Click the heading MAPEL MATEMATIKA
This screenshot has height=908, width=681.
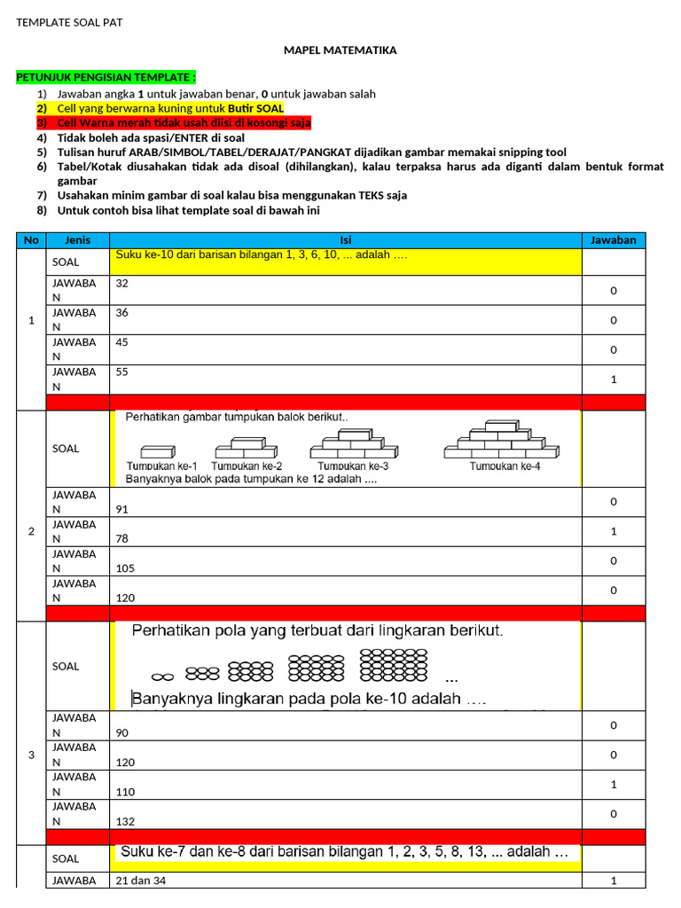coord(340,51)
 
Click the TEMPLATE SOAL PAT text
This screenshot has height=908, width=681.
coord(69,22)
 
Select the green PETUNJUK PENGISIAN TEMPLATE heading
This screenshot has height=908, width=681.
coord(106,78)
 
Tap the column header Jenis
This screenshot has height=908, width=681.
coord(78,240)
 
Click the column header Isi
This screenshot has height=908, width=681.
coord(346,240)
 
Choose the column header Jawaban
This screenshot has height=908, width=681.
coord(614,240)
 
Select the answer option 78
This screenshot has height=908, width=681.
coord(126,538)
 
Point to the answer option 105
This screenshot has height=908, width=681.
coord(126,568)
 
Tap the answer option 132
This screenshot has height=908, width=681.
coord(126,821)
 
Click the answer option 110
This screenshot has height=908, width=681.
coord(126,791)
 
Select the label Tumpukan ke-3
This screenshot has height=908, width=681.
coord(353,466)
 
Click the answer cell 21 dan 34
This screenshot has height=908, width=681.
coord(141,881)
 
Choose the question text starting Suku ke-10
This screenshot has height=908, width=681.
coord(262,256)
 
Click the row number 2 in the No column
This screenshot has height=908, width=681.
coord(32,531)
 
